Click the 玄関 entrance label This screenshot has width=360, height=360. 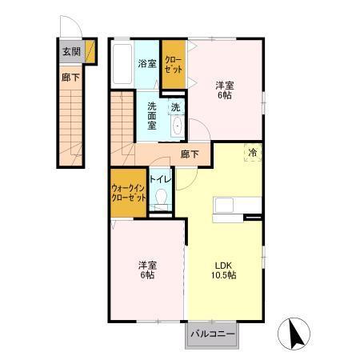coord(71,51)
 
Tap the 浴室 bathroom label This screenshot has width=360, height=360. coord(147,64)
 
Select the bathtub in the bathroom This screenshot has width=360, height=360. coord(122,64)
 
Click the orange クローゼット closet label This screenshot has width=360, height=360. coord(174,65)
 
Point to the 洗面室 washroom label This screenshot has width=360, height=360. coord(152,116)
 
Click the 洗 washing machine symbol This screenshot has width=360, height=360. coord(176,107)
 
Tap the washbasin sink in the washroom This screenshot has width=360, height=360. coord(177,126)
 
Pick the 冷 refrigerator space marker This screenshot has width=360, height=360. coord(253,153)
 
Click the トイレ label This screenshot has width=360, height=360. coord(160,179)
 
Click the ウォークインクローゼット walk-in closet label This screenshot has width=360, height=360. coord(129,193)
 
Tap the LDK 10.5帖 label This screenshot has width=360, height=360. coord(224,270)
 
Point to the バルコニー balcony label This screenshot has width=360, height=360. coord(213,334)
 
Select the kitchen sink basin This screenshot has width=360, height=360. coord(224,206)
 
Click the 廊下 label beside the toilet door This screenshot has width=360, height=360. coord(190,154)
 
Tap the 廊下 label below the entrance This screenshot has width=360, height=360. coord(70,78)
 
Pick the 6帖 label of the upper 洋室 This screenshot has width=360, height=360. coord(225,95)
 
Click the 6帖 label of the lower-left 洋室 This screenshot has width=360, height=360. coord(147,275)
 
